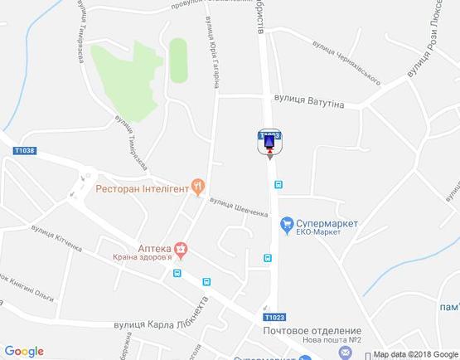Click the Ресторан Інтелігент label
click(x=142, y=188)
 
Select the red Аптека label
click(x=153, y=247)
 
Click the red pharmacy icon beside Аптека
click(x=181, y=247)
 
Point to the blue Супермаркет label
click(x=329, y=222)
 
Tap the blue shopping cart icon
click(x=287, y=223)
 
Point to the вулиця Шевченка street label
click(x=240, y=207)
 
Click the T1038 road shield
click(x=25, y=150)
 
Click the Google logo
click(x=24, y=351)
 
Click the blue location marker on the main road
click(x=269, y=144)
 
